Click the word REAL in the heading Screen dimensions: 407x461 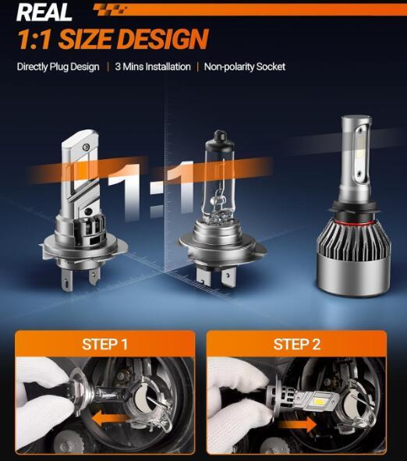point(44,12)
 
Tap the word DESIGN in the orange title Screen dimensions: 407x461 point(164,38)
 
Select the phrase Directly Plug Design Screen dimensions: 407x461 point(58,67)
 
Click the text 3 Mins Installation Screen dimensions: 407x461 point(153,67)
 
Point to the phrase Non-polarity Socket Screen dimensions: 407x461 point(245,67)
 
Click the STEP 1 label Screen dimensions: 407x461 point(105,344)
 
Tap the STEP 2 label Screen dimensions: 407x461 point(297,344)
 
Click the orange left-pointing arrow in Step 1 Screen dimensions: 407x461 point(110,418)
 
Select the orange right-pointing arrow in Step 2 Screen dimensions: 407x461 point(297,424)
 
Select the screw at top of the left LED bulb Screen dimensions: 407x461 point(86,147)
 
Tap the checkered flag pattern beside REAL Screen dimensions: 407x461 point(111,9)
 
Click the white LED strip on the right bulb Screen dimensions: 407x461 point(359,153)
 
